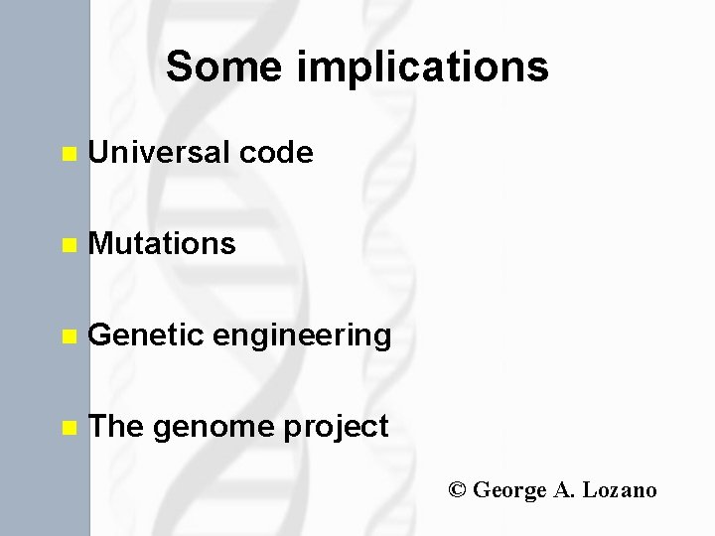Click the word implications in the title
click(422, 67)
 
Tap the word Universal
click(160, 152)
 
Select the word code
click(276, 152)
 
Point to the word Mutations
click(162, 243)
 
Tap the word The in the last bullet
click(116, 426)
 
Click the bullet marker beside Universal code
click(68, 154)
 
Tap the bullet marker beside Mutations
click(68, 245)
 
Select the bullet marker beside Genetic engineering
click(68, 337)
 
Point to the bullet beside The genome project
click(68, 429)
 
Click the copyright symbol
click(457, 490)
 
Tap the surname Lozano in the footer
click(620, 490)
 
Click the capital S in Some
click(179, 67)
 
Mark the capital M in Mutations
click(100, 243)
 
